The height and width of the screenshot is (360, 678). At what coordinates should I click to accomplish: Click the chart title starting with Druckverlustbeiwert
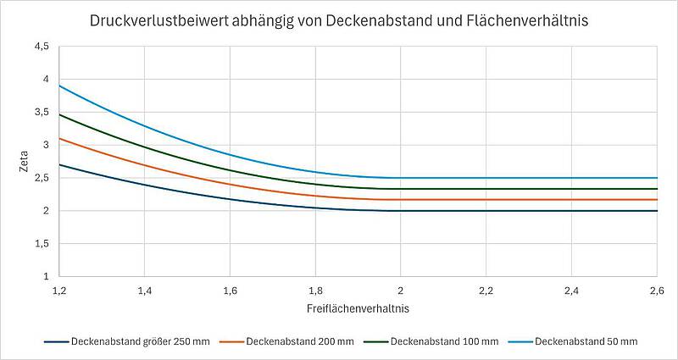coord(338,19)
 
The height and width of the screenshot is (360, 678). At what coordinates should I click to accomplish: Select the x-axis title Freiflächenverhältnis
coord(357,309)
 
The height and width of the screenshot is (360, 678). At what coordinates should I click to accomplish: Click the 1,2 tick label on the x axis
coord(58,291)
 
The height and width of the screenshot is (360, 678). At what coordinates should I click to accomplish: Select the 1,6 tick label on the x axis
coord(230,291)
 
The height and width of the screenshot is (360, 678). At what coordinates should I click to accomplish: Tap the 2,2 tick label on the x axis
coord(486,291)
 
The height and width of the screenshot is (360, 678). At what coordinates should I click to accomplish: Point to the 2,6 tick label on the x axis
coord(657,291)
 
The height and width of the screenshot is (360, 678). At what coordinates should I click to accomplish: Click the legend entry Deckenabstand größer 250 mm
coord(141,341)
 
